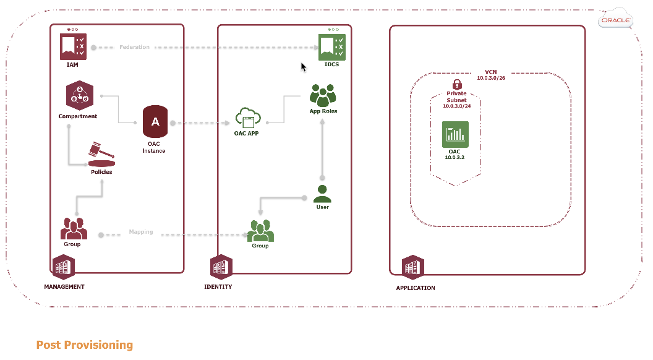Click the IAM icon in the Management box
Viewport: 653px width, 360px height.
point(73,45)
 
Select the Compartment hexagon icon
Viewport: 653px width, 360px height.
point(79,96)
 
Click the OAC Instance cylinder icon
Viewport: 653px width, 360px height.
point(155,122)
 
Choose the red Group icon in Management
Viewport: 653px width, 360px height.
point(73,229)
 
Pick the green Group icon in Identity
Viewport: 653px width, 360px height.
point(260,231)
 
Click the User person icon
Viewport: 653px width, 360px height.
point(322,194)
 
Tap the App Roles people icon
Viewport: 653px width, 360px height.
point(322,95)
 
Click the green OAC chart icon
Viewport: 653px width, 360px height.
point(456,134)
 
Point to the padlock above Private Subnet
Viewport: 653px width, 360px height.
point(457,84)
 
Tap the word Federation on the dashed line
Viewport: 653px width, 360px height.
point(135,47)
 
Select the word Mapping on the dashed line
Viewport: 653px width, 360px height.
point(141,233)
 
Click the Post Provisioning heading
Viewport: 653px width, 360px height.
point(85,345)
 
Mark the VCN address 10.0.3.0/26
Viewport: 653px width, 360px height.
point(491,79)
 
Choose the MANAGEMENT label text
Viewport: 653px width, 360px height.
point(64,287)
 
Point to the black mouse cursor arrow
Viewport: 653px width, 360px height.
point(303,66)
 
